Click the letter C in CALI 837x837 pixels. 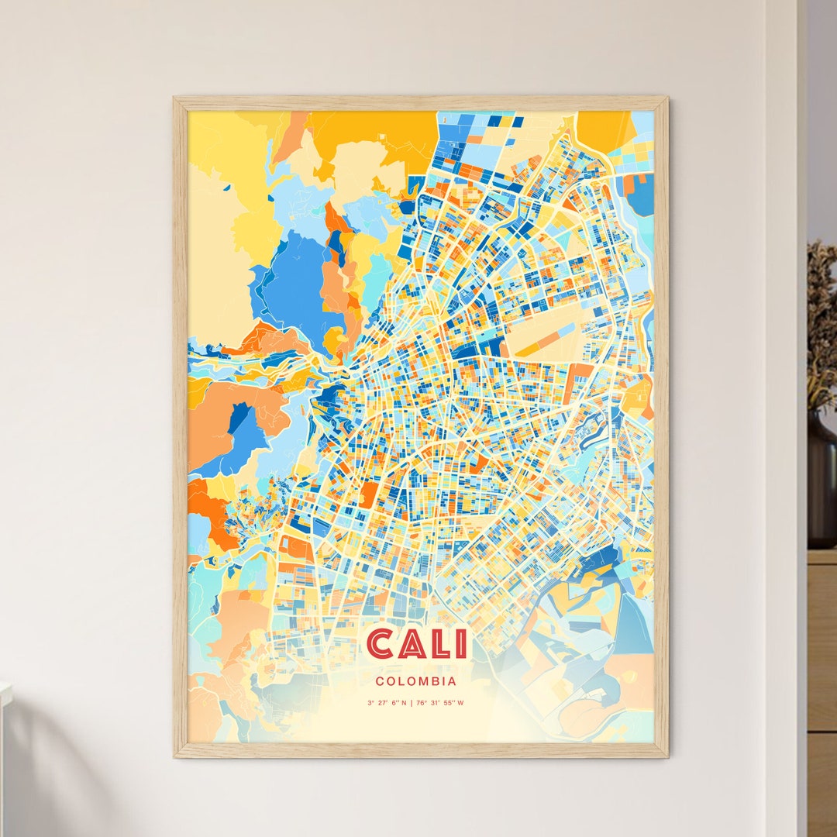380,644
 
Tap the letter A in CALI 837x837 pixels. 412,644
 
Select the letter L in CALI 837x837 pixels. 440,644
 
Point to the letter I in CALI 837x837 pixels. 461,644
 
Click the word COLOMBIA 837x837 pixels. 415,682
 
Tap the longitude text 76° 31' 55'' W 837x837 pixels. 442,704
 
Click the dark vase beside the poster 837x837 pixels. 821,480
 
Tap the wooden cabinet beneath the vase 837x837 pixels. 821,682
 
